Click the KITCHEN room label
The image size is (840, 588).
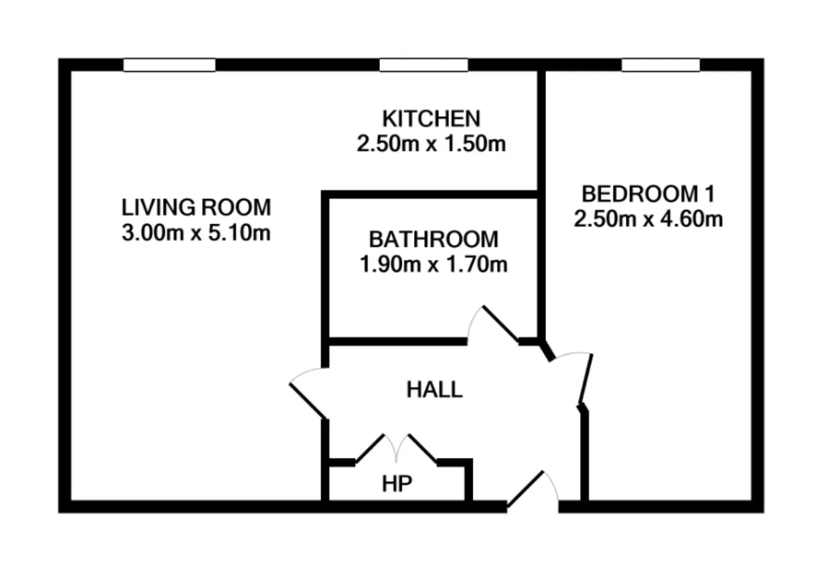pyautogui.click(x=431, y=119)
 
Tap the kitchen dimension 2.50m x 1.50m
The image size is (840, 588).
pyautogui.click(x=431, y=144)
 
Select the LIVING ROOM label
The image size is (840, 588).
pyautogui.click(x=196, y=207)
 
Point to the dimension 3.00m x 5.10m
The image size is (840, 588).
pyautogui.click(x=196, y=232)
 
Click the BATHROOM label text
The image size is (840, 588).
pyautogui.click(x=434, y=240)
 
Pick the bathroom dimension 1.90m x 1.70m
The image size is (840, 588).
pyautogui.click(x=434, y=264)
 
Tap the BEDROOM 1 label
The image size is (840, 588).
pyautogui.click(x=648, y=194)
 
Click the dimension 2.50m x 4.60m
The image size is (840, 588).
pyautogui.click(x=648, y=219)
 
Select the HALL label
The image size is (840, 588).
pyautogui.click(x=434, y=389)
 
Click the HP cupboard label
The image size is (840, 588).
pyautogui.click(x=397, y=484)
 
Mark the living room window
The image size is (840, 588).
pyautogui.click(x=169, y=65)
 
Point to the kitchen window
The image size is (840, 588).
pyautogui.click(x=424, y=65)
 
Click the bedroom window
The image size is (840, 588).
pyautogui.click(x=661, y=65)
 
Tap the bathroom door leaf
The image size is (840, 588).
pyautogui.click(x=501, y=324)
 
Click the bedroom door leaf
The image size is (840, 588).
pyautogui.click(x=586, y=379)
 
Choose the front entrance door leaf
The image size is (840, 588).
pyautogui.click(x=525, y=490)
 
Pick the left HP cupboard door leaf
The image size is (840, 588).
pyautogui.click(x=370, y=448)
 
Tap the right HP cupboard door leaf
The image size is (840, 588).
pyautogui.click(x=423, y=448)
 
